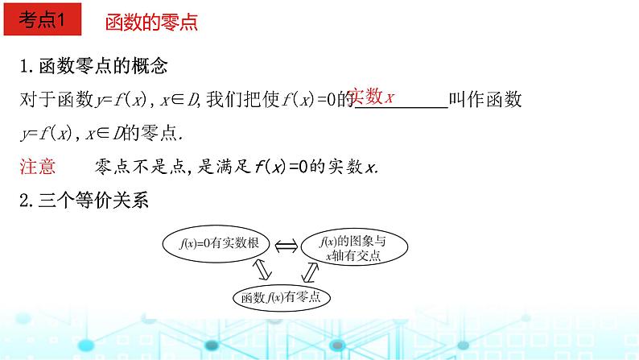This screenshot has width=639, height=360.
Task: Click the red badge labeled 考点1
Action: pyautogui.click(x=42, y=22)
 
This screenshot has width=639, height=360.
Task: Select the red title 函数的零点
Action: pyautogui.click(x=151, y=23)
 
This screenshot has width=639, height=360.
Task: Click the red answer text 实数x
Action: pyautogui.click(x=373, y=97)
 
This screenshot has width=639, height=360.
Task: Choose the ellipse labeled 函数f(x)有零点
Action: pyautogui.click(x=282, y=297)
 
